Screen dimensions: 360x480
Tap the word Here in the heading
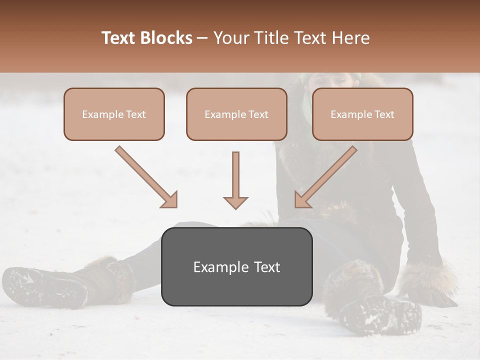point(350,38)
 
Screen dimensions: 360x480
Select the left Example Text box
point(114,114)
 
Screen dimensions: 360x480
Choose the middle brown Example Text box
point(236,114)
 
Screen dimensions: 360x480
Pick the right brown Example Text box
point(362,114)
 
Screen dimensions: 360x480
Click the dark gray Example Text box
point(237,266)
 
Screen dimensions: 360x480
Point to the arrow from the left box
point(145,176)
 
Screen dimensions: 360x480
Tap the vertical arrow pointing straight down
point(235,180)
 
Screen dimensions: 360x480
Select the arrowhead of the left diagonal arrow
point(169,199)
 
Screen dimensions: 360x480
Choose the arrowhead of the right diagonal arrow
point(303,199)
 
